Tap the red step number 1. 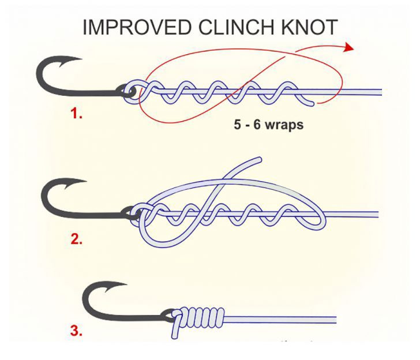pyautogui.click(x=76, y=114)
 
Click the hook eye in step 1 pyautogui.click(x=129, y=91)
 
